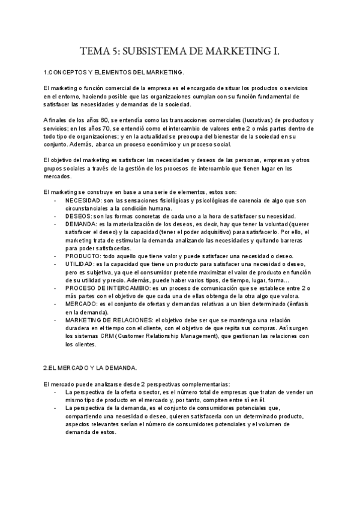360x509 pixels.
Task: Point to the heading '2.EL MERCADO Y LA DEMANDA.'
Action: pos(91,367)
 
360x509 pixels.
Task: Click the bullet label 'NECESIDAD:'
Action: pos(85,200)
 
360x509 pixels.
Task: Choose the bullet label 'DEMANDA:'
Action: pos(82,223)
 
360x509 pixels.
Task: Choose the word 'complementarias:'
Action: pos(205,384)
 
